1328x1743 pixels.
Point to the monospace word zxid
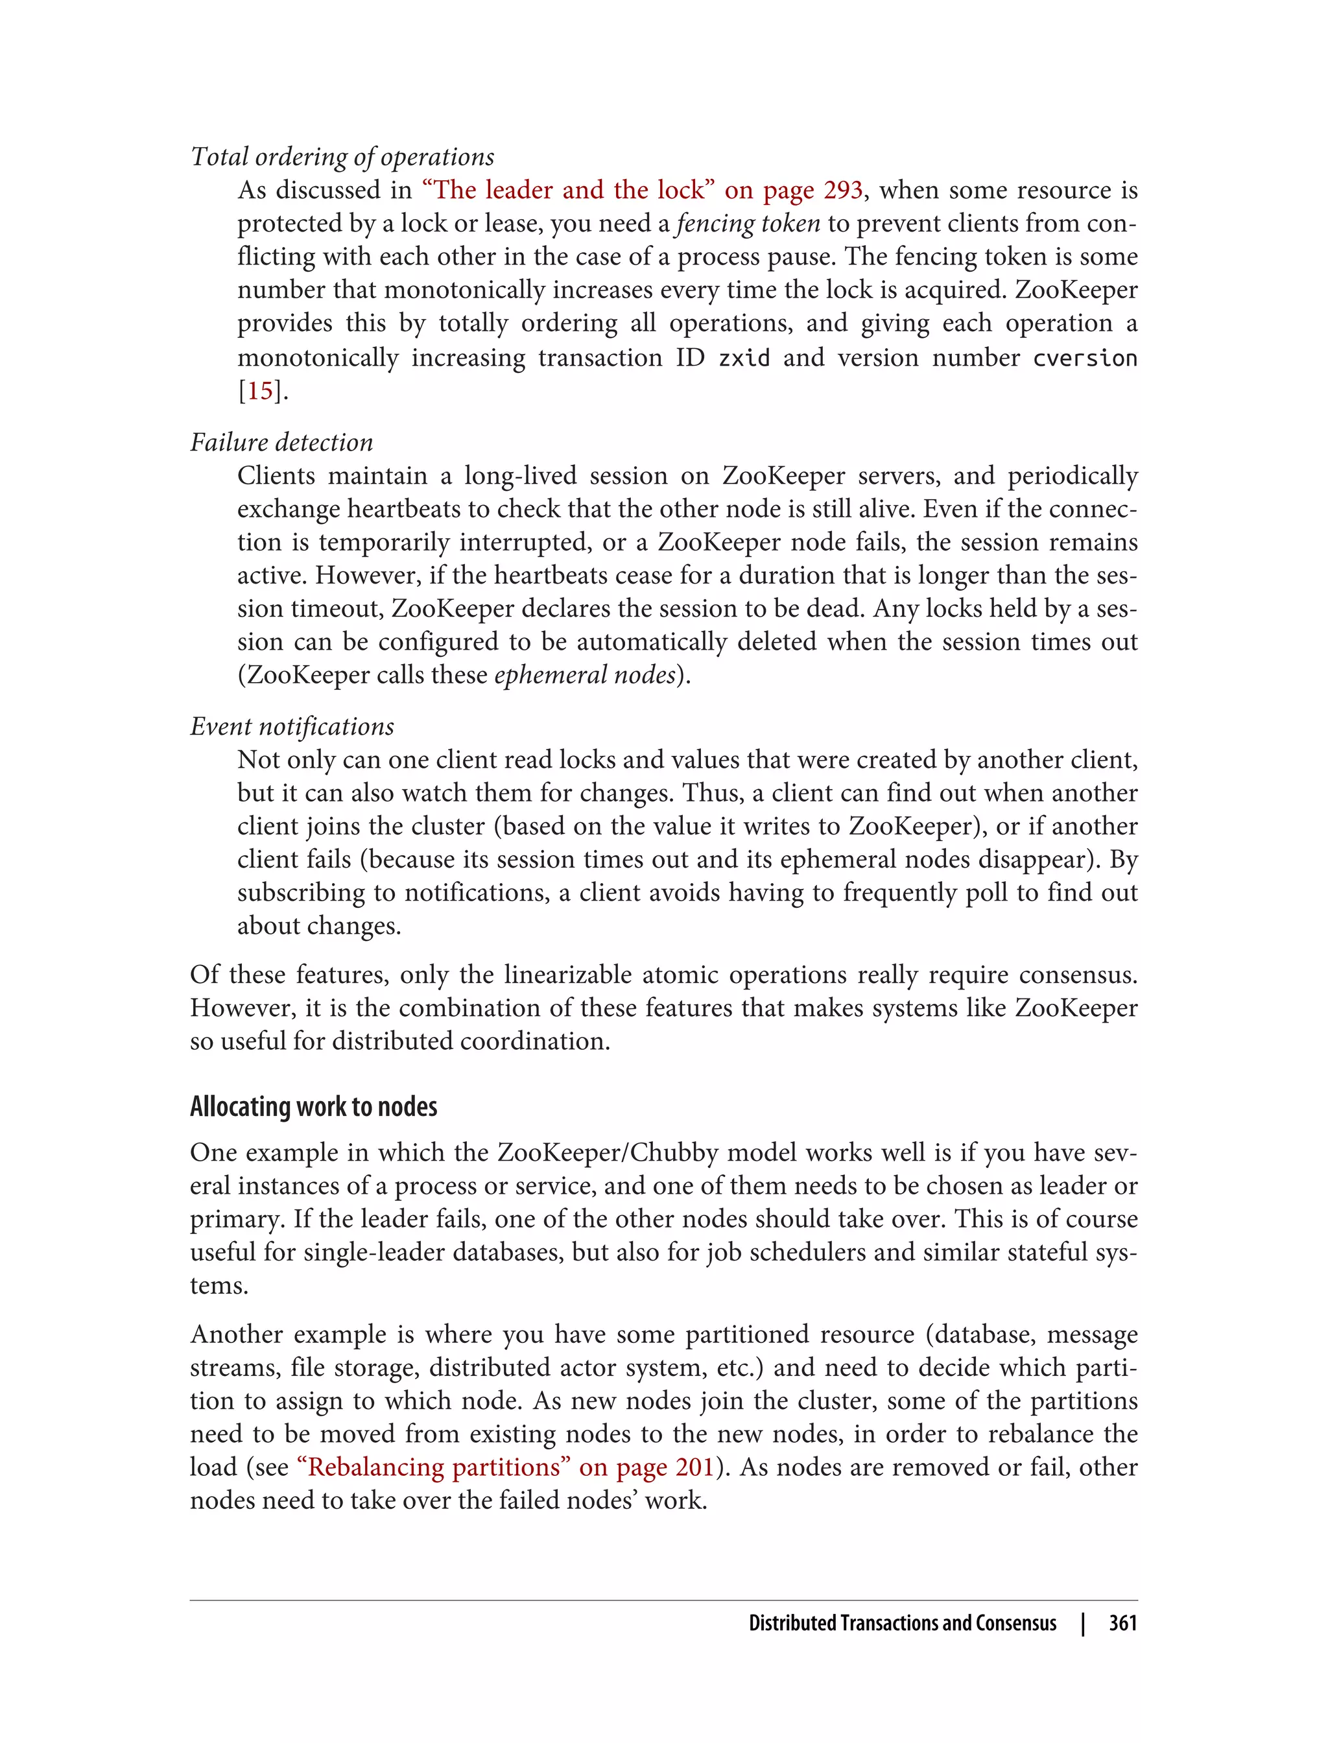click(x=743, y=358)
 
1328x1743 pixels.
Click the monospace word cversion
click(x=1085, y=358)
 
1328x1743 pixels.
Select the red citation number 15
click(x=260, y=391)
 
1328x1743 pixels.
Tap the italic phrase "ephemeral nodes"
click(x=585, y=674)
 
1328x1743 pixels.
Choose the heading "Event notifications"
click(x=292, y=726)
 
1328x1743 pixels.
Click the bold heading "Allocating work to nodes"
click(x=313, y=1107)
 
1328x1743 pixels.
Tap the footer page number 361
click(x=1122, y=1623)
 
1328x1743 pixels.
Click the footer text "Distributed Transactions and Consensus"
click(x=902, y=1623)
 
